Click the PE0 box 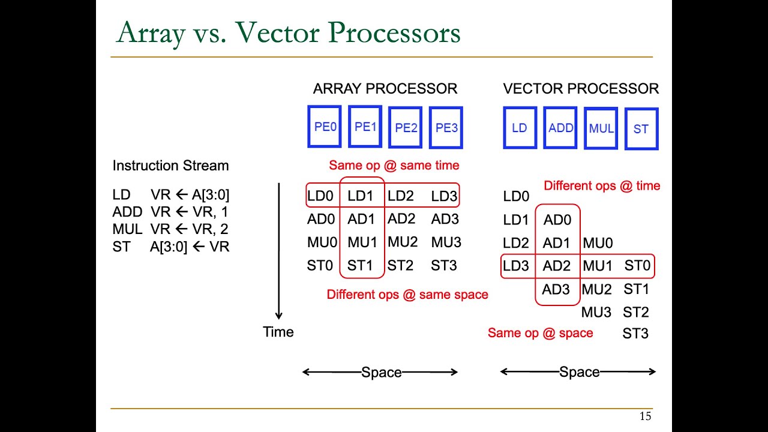click(x=325, y=127)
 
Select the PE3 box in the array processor click(x=446, y=128)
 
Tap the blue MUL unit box click(x=601, y=128)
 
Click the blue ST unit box click(x=641, y=129)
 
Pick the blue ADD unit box click(x=560, y=128)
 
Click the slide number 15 click(x=645, y=416)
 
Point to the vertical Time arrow click(x=279, y=252)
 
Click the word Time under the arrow click(x=278, y=332)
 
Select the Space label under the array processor click(x=381, y=373)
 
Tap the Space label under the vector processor click(x=579, y=373)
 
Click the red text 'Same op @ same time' click(x=394, y=165)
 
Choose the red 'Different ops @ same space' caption click(x=407, y=295)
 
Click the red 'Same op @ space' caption click(x=540, y=333)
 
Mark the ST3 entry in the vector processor click(x=635, y=334)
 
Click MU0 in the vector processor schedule click(x=598, y=244)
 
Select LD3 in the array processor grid click(x=444, y=196)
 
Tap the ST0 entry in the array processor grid click(x=320, y=266)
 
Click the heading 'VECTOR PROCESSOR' click(x=581, y=89)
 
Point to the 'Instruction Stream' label click(x=170, y=166)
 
